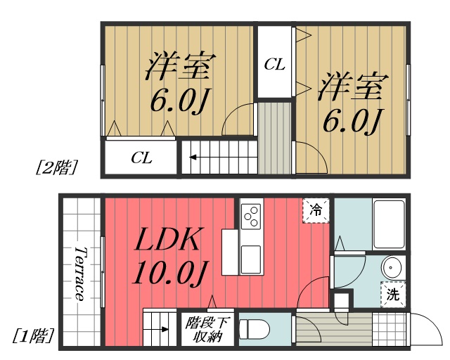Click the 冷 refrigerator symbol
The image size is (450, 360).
pos(316,210)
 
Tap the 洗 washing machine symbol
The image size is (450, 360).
pos(392,295)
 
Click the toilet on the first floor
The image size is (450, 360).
pos(254,329)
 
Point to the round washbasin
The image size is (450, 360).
pos(392,268)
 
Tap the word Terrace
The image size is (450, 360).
pos(81,274)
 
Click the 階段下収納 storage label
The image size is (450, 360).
pos(207,330)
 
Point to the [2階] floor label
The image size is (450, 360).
pos(56,167)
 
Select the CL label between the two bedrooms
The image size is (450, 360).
pos(274,65)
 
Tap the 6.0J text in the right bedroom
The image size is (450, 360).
pos(352,120)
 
